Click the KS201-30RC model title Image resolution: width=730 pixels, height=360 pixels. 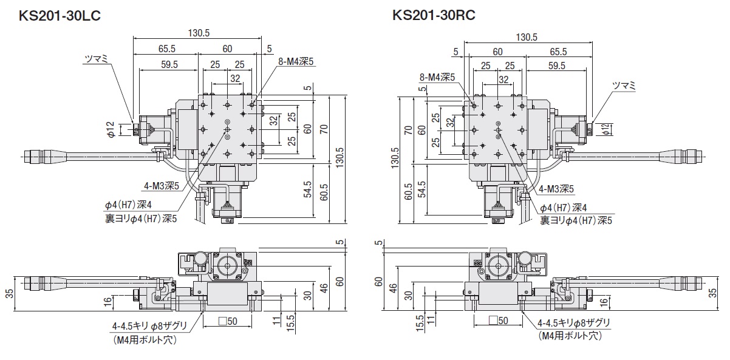pyautogui.click(x=434, y=15)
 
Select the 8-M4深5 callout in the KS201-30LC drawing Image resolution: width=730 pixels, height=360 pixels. pyautogui.click(x=296, y=61)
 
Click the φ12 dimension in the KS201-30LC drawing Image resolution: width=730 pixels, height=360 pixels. pyautogui.click(x=110, y=129)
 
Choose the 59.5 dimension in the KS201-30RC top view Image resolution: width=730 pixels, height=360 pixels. pyautogui.click(x=556, y=66)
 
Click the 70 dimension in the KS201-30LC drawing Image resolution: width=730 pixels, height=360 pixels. pyautogui.click(x=324, y=128)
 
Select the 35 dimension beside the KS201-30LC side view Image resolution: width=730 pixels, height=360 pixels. pyautogui.click(x=9, y=293)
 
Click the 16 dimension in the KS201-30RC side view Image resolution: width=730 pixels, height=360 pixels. pyautogui.click(x=604, y=301)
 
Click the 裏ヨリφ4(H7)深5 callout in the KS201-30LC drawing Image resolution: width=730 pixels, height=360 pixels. pyautogui.click(x=141, y=219)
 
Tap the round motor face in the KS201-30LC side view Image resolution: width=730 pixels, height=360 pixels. pyautogui.click(x=228, y=266)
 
